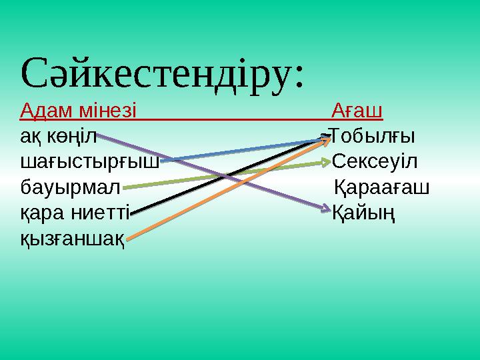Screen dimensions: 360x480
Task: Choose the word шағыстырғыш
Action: [x=89, y=161]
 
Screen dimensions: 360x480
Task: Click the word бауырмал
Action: [x=69, y=187]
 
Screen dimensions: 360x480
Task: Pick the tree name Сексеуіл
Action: [x=375, y=161]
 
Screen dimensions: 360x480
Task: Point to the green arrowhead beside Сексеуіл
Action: [x=326, y=162]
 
